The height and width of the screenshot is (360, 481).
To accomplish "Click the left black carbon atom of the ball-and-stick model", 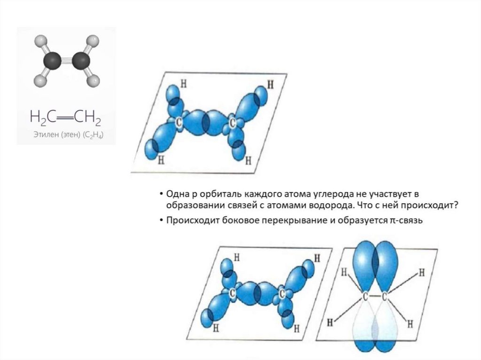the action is coord(52,60).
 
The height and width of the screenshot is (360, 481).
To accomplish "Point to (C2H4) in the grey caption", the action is coord(93,135).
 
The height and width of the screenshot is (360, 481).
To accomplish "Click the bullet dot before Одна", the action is coord(161,194).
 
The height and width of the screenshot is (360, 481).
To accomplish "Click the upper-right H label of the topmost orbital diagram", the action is coord(270,84).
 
